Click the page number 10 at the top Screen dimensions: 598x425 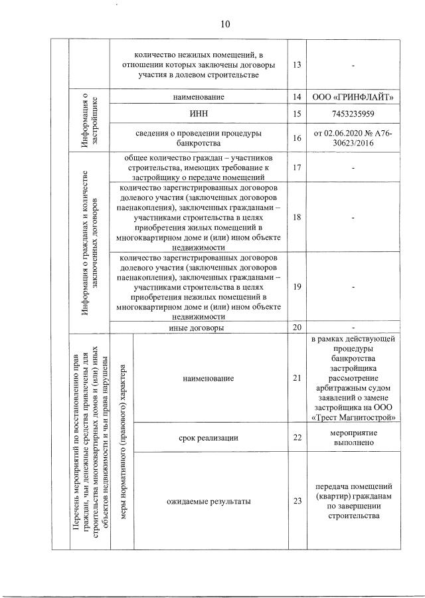click(224, 25)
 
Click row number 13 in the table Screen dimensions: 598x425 click(296, 65)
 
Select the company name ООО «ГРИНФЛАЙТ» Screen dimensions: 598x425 click(353, 98)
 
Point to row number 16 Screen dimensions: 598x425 click(296, 138)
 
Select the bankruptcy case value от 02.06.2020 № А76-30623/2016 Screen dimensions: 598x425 click(353, 138)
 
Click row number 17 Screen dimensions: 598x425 click(296, 167)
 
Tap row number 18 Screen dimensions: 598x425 click(296, 217)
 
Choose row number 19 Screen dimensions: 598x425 click(296, 286)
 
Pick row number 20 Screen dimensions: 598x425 click(296, 328)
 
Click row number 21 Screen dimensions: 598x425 click(296, 378)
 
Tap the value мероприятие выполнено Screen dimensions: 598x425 click(353, 438)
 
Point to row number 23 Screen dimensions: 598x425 click(296, 502)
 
